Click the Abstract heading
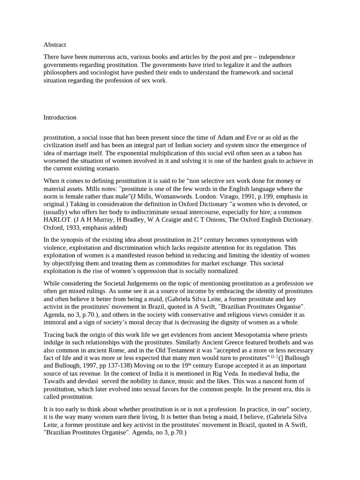(x=55, y=45)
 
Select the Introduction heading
(x=60, y=118)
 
